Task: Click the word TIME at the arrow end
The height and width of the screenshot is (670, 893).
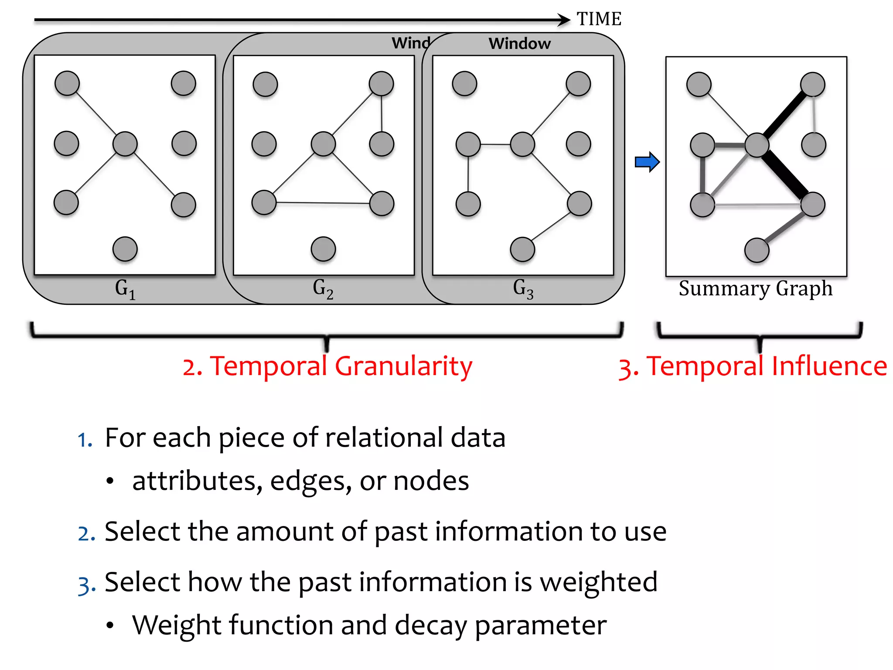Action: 599,19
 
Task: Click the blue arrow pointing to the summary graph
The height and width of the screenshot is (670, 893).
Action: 647,162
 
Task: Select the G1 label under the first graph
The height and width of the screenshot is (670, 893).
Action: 125,289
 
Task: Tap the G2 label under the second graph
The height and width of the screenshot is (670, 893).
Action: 323,289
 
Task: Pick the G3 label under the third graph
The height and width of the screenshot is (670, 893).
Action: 523,289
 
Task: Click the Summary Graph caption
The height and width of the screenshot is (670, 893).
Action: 756,289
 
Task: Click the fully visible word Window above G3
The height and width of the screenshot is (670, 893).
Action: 519,44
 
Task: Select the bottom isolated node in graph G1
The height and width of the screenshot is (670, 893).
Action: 125,249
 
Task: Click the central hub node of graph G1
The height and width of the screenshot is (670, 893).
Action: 125,144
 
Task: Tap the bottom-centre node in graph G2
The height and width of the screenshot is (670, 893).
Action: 323,249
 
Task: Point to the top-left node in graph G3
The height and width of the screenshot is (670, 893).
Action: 464,83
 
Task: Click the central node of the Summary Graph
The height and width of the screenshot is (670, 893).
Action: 757,145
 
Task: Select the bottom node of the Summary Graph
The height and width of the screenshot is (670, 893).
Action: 757,250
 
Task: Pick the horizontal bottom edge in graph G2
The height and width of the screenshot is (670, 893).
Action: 323,203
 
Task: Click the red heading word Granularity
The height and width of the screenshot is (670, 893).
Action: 403,366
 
